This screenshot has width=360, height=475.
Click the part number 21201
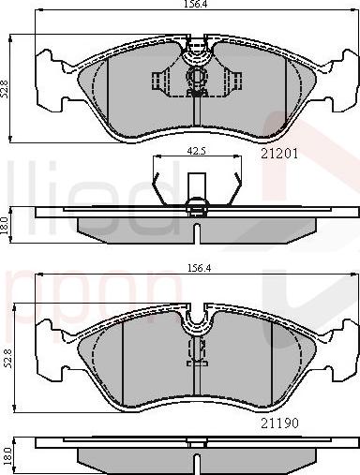[279, 154]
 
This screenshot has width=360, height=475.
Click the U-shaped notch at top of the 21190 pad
[198, 324]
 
